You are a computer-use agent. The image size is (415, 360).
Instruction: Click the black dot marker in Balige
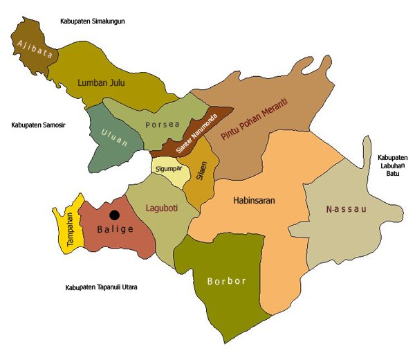click(114, 215)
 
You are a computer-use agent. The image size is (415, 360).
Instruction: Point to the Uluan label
click(113, 133)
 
